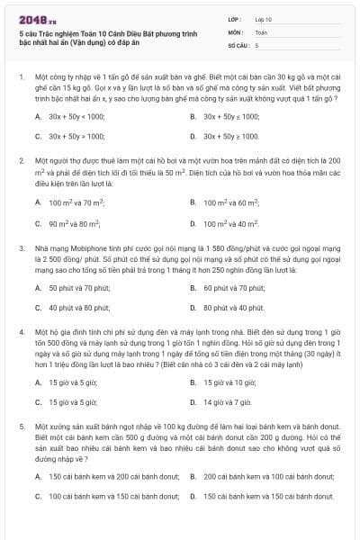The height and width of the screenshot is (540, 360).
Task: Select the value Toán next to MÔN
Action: [261, 31]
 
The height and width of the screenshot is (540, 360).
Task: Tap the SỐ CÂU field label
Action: [238, 44]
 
